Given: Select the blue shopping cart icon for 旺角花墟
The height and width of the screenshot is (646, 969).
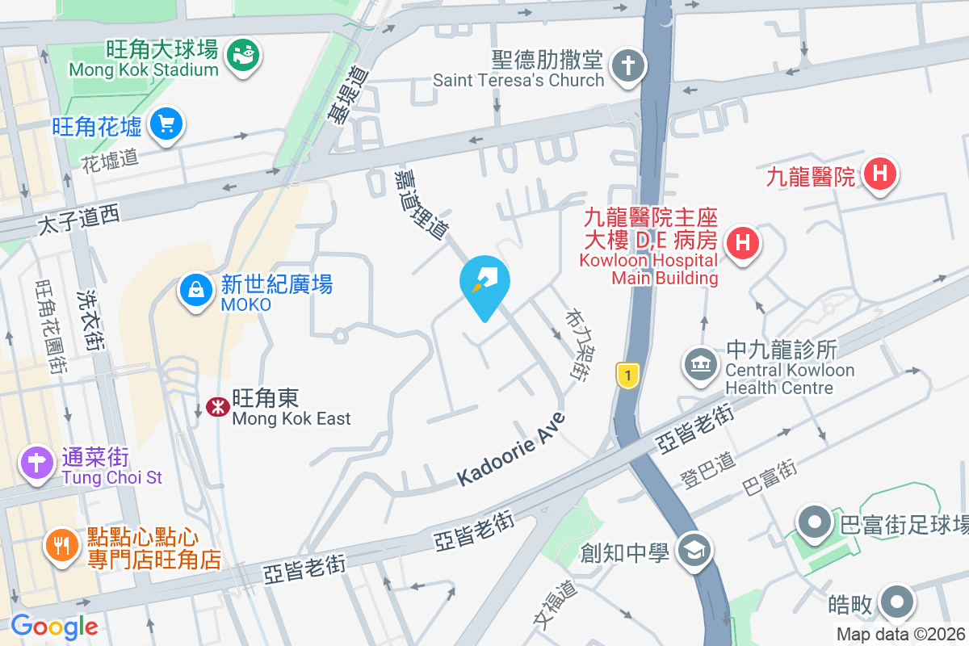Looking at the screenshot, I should pos(167,124).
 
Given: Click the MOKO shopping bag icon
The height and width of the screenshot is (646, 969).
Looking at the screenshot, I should pos(195,290).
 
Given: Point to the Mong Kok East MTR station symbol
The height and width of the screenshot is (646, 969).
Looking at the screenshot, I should pos(216,407).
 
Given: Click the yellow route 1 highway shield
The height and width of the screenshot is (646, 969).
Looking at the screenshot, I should pos(627,374).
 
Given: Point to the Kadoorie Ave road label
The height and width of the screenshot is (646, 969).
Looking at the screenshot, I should pos(510,449).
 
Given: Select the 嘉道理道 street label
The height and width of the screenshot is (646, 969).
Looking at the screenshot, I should pos(421,203).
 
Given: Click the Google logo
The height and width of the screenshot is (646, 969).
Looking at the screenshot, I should pos(54,627).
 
